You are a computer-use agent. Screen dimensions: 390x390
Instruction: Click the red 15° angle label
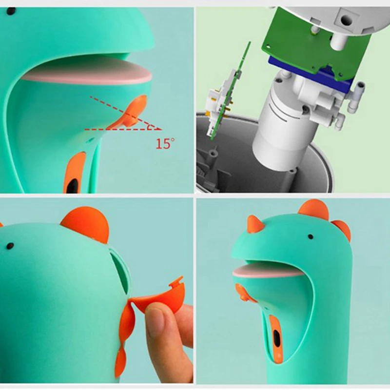pyautogui.click(x=165, y=143)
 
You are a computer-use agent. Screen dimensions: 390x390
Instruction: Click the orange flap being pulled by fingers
pyautogui.click(x=156, y=297)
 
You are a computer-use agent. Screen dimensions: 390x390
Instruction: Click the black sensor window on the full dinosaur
pyautogui.click(x=276, y=339)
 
